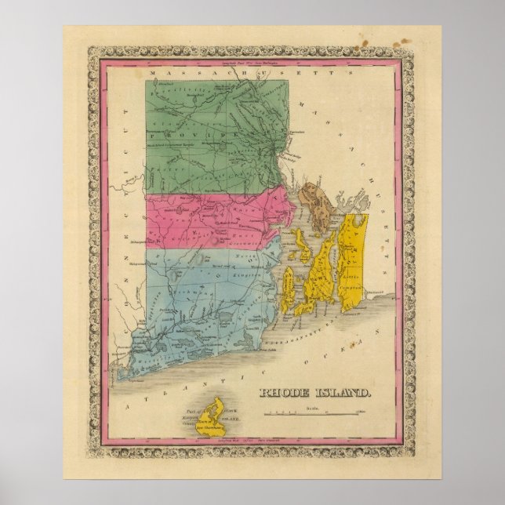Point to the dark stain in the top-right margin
pyautogui.click(x=409, y=39)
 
